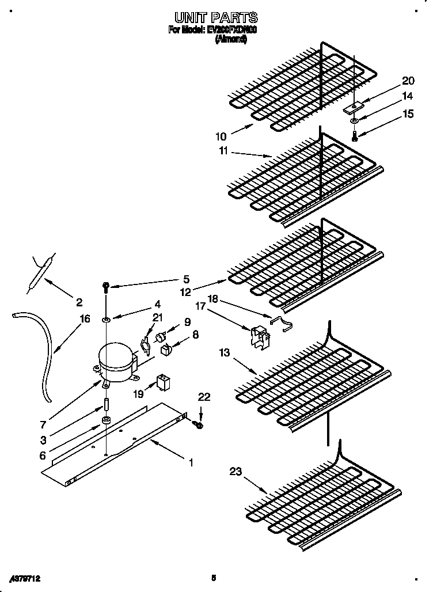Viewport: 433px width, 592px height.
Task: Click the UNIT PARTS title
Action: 216,18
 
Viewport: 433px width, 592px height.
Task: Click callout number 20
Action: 408,81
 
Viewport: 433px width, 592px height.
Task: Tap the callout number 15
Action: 408,114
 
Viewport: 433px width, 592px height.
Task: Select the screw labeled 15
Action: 355,136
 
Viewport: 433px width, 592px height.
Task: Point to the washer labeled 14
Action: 354,121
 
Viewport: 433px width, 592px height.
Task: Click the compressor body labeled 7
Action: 117,362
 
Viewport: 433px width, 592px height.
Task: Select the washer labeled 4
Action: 107,318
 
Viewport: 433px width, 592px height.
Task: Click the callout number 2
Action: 79,302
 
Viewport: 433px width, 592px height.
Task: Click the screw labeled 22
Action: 199,424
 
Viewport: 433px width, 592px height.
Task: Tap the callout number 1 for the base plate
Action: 191,462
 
